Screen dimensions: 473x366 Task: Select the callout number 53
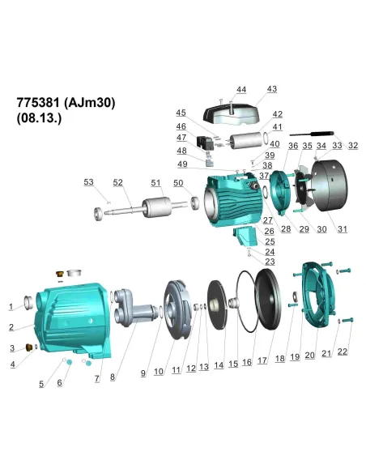click(x=89, y=183)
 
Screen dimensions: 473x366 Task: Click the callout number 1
click(x=11, y=307)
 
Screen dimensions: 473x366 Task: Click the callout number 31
click(x=342, y=229)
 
